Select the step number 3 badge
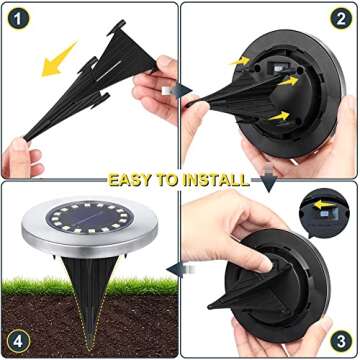point(343,339)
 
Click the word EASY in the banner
point(133,180)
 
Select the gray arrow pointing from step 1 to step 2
point(182,90)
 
